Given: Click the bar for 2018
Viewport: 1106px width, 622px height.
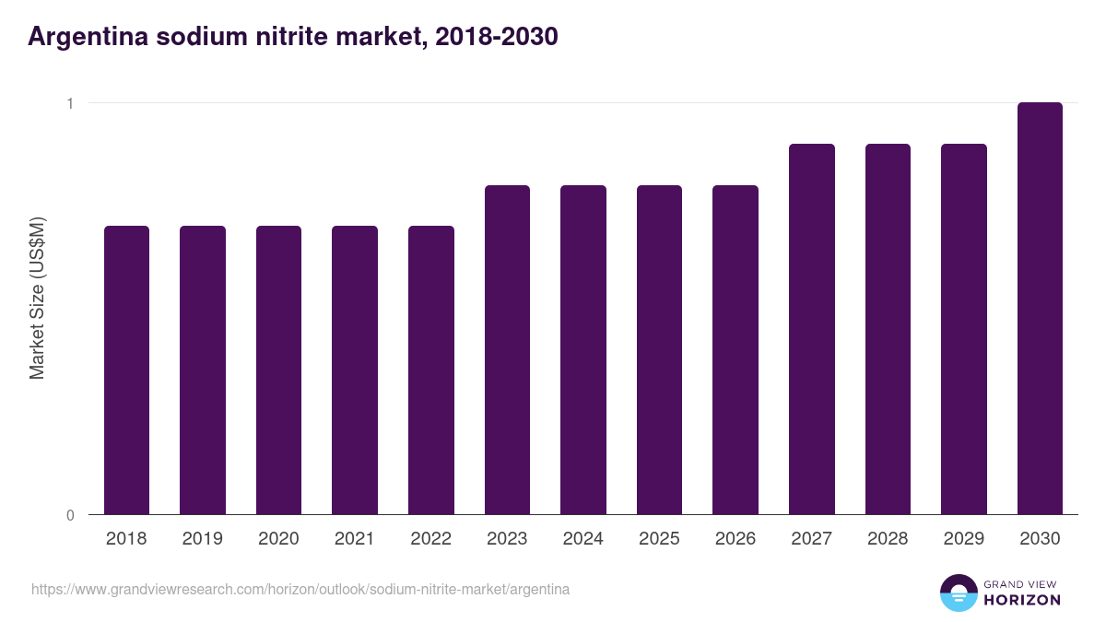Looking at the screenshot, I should [x=126, y=370].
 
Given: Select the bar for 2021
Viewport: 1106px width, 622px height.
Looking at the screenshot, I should [x=355, y=370].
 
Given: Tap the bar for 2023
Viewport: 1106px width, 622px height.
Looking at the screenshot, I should [x=507, y=349].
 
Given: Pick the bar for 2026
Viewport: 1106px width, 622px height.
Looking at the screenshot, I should [x=735, y=349].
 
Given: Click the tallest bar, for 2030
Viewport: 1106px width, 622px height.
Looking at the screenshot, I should [x=1040, y=308].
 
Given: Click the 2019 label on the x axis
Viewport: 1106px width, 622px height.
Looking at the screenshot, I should [x=203, y=539].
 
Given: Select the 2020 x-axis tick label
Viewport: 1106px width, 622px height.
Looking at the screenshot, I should [x=278, y=539].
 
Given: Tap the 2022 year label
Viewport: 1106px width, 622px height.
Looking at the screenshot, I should [x=430, y=539].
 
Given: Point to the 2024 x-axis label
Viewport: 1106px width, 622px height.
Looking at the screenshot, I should [x=583, y=539].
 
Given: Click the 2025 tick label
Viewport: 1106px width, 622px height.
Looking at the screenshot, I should [x=659, y=539].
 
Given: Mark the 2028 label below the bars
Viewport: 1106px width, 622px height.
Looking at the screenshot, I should [x=888, y=539].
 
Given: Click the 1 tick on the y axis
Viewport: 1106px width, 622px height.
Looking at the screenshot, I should [x=69, y=103].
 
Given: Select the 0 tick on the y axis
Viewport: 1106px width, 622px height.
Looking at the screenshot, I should [x=69, y=515].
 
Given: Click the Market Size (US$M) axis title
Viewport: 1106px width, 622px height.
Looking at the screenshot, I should [x=37, y=298].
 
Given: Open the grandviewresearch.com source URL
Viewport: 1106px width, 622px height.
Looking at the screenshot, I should [x=300, y=589].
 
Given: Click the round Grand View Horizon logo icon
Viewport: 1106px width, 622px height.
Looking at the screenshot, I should [x=959, y=593].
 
